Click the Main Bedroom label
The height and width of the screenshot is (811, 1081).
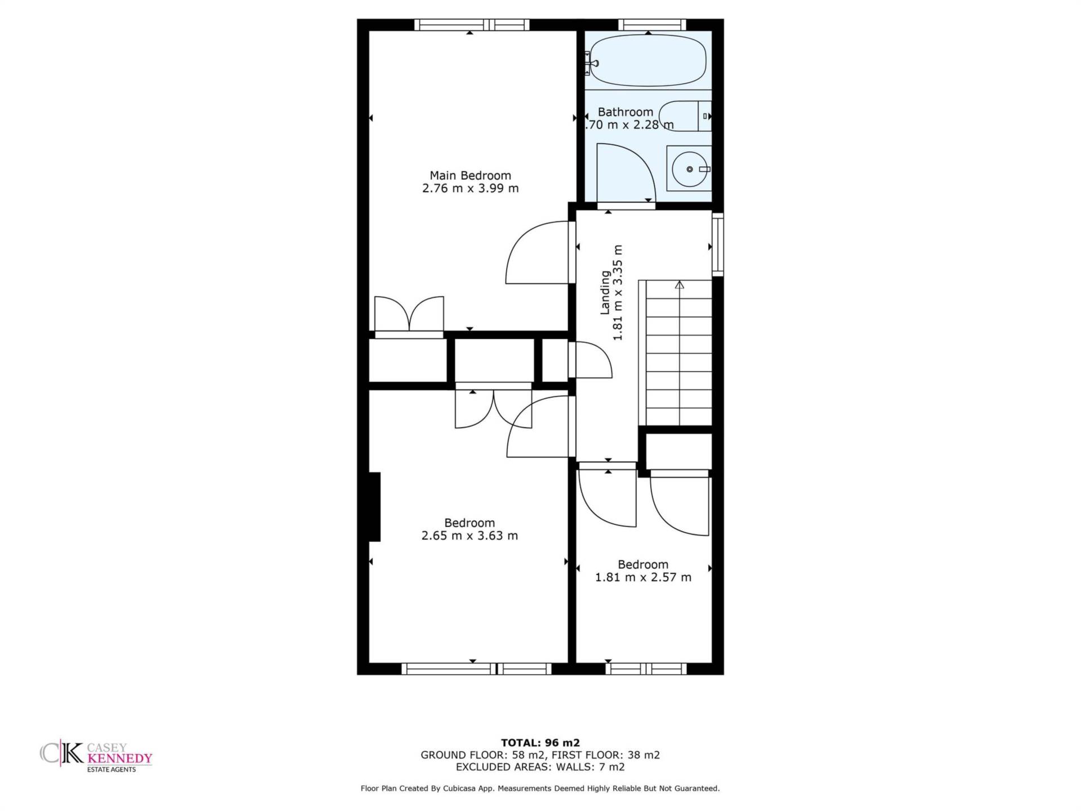470,176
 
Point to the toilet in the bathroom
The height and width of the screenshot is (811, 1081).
685,116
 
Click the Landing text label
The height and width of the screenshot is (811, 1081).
605,292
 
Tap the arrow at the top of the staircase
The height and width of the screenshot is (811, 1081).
680,285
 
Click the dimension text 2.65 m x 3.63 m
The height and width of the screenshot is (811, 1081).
470,536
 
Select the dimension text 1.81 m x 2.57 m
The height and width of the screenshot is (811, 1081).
643,577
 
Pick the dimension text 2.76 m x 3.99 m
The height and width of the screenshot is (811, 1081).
470,189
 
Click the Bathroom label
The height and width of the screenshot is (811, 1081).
625,112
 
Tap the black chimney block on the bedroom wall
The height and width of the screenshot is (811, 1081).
374,507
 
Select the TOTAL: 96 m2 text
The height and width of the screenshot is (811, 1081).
540,743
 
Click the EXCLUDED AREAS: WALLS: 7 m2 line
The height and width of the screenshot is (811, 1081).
540,767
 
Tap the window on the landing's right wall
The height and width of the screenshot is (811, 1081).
718,244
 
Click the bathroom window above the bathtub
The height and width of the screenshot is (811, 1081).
652,25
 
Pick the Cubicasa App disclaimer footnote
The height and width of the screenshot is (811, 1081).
540,788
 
